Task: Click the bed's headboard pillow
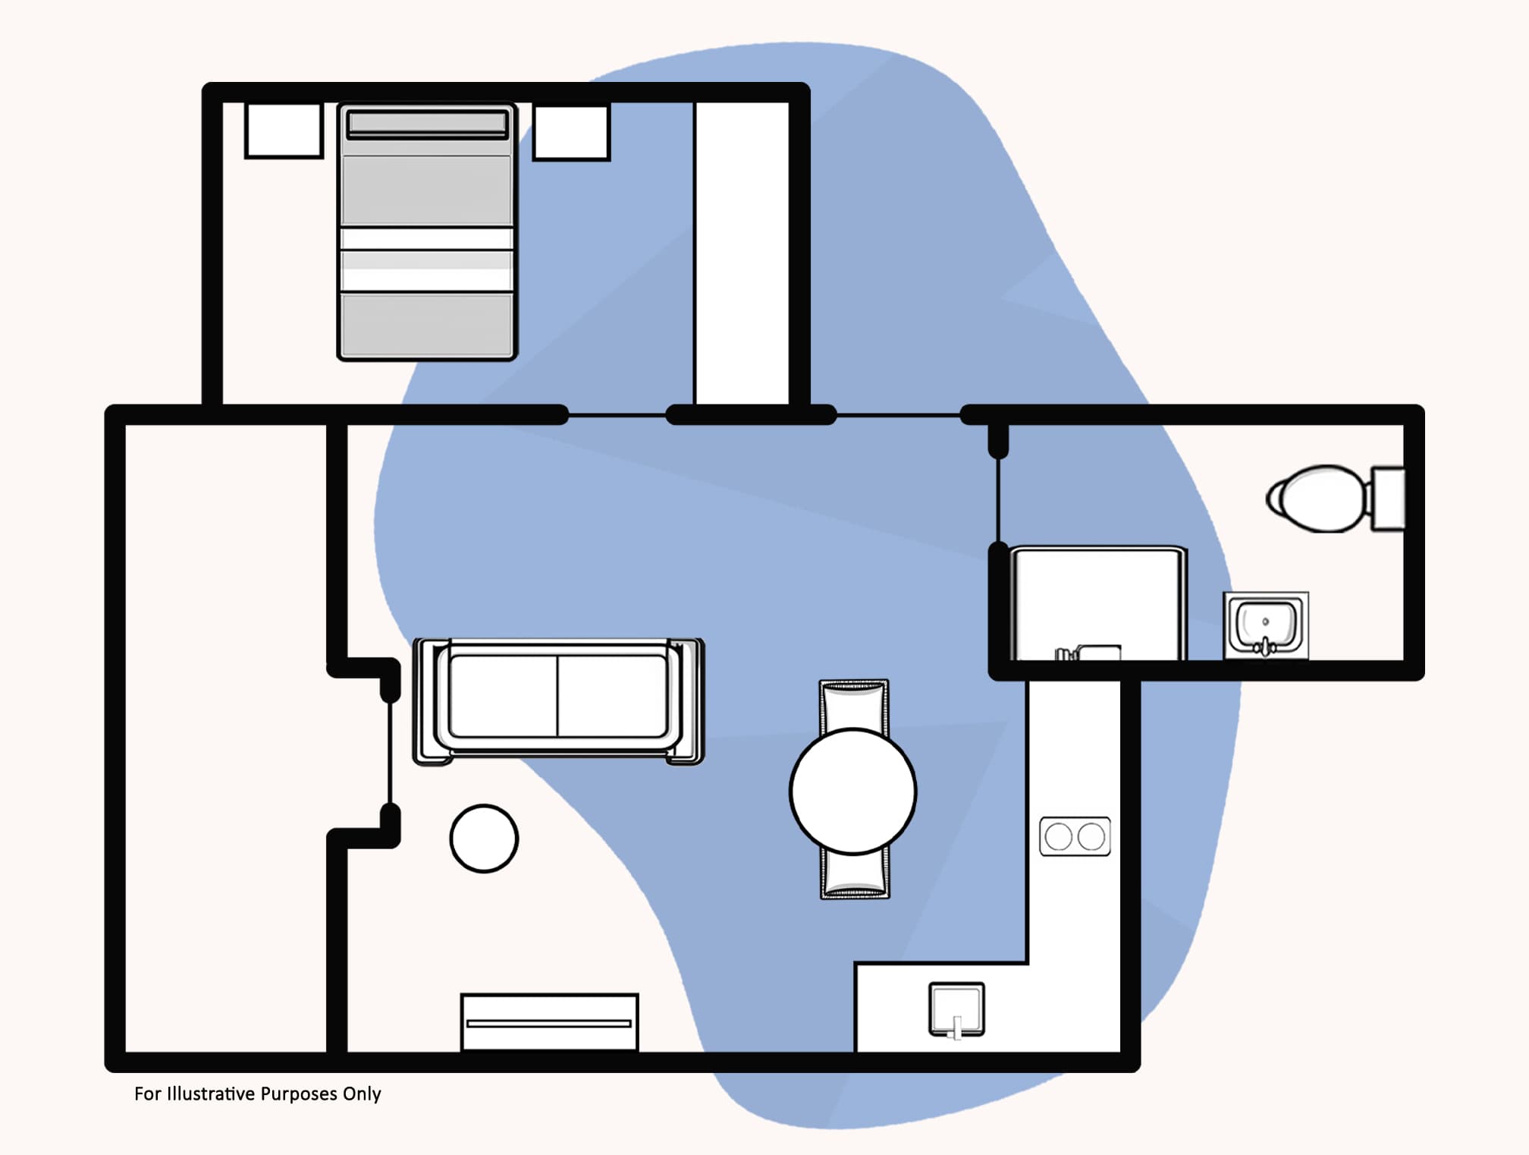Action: point(427,124)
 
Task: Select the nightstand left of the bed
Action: point(284,131)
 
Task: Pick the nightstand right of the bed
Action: point(571,132)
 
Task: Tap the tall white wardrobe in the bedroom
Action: point(743,253)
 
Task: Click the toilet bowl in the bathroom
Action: point(1318,499)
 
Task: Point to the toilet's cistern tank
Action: point(1388,499)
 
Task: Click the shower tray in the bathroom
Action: point(1098,603)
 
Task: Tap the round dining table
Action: point(852,791)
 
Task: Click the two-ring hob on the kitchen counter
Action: point(1075,836)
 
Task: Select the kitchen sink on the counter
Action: point(956,1009)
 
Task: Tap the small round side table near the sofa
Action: point(484,838)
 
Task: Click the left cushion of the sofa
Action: point(503,696)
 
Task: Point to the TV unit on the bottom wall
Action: point(549,1022)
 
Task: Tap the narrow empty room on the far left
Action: point(225,736)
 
